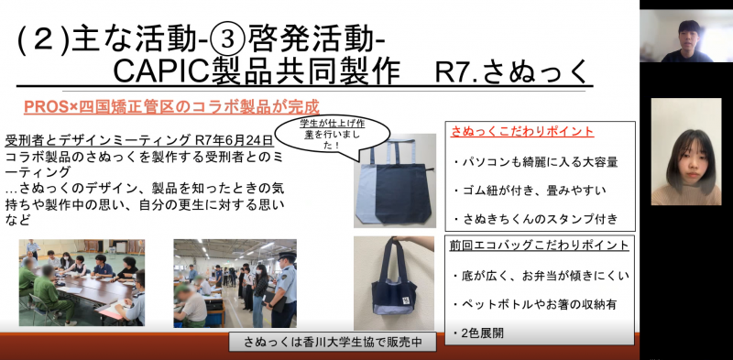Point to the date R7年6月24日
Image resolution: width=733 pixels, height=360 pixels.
pyautogui.click(x=234, y=140)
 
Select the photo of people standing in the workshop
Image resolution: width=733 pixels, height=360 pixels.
pyautogui.click(x=235, y=282)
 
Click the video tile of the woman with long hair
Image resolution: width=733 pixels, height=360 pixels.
pyautogui.click(x=685, y=151)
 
